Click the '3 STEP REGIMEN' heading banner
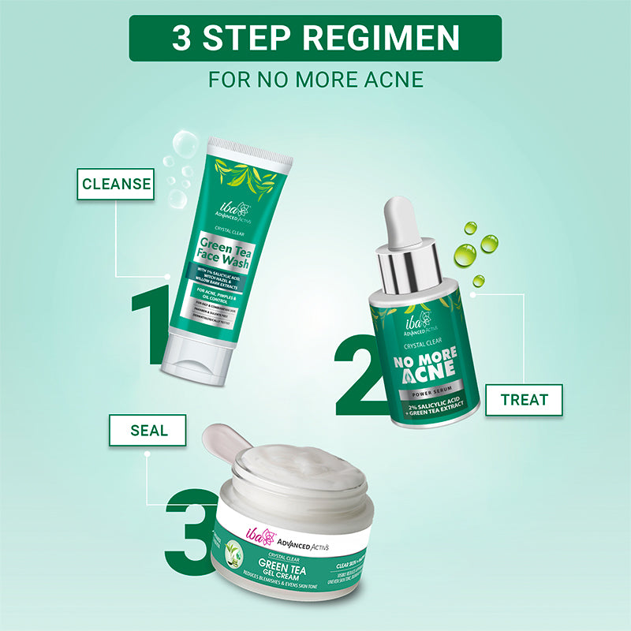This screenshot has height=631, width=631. pyautogui.click(x=315, y=38)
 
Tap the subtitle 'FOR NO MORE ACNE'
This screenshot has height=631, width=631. pyautogui.click(x=315, y=80)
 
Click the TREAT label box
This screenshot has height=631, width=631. pyautogui.click(x=525, y=400)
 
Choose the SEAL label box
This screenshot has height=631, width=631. pyautogui.click(x=148, y=431)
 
